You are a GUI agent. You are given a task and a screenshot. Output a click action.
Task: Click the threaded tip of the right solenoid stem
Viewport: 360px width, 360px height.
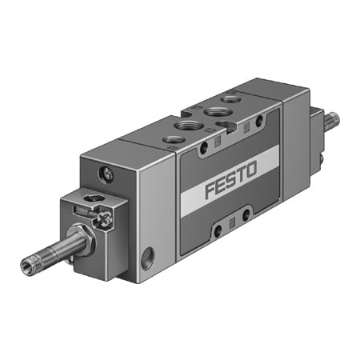(332, 121)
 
